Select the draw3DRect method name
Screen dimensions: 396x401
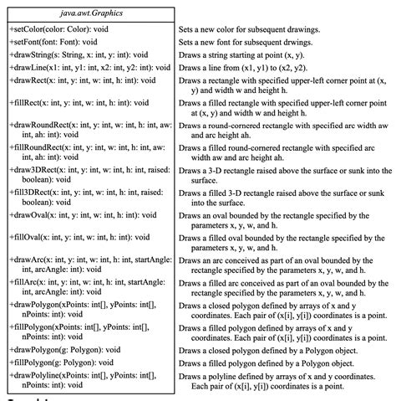click(x=38, y=168)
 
